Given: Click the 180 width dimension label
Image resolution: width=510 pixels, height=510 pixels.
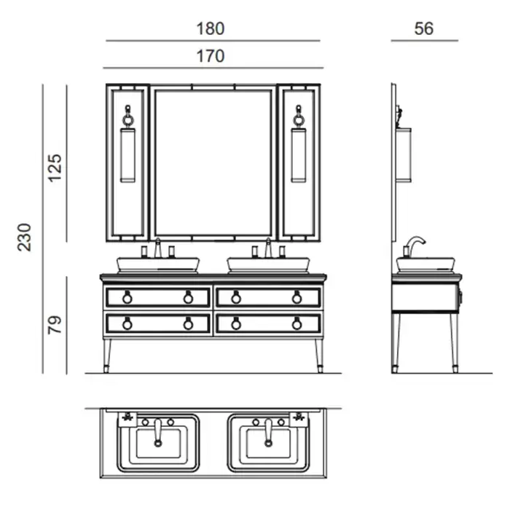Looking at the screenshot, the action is (x=211, y=28).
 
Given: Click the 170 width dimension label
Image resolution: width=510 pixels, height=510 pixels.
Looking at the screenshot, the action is (x=211, y=56).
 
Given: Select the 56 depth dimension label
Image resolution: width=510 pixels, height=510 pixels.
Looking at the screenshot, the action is (x=424, y=28).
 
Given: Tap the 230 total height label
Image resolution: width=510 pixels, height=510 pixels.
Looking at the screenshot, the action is (x=24, y=237).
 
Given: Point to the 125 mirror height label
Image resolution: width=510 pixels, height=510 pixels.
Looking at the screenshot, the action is (x=55, y=168).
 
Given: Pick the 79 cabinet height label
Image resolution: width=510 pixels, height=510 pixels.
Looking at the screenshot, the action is (x=55, y=325).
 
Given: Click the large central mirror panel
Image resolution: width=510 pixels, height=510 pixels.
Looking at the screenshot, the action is (x=213, y=163).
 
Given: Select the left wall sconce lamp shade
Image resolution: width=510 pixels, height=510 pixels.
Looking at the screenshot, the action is (x=127, y=155).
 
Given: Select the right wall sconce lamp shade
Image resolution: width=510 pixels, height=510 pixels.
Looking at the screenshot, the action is (x=299, y=155).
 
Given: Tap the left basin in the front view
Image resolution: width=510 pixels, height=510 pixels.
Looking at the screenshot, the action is (x=158, y=264).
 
